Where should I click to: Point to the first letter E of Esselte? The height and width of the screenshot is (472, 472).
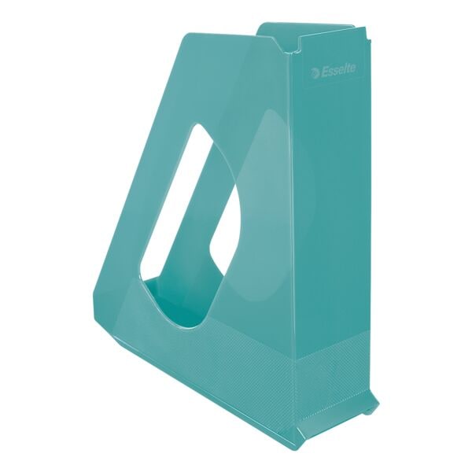click(x=324, y=72)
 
